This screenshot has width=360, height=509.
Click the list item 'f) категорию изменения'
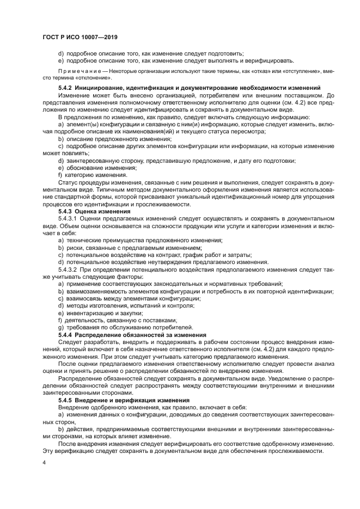(x=93, y=175)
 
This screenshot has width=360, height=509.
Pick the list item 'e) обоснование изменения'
(x=97, y=168)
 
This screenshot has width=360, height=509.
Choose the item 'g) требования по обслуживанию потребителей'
(x=125, y=327)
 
